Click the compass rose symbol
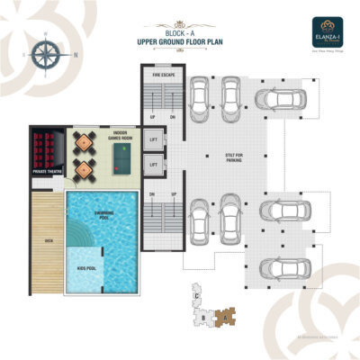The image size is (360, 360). [43, 53]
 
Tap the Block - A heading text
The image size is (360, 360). [180, 32]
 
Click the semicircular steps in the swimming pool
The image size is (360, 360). [78, 236]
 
